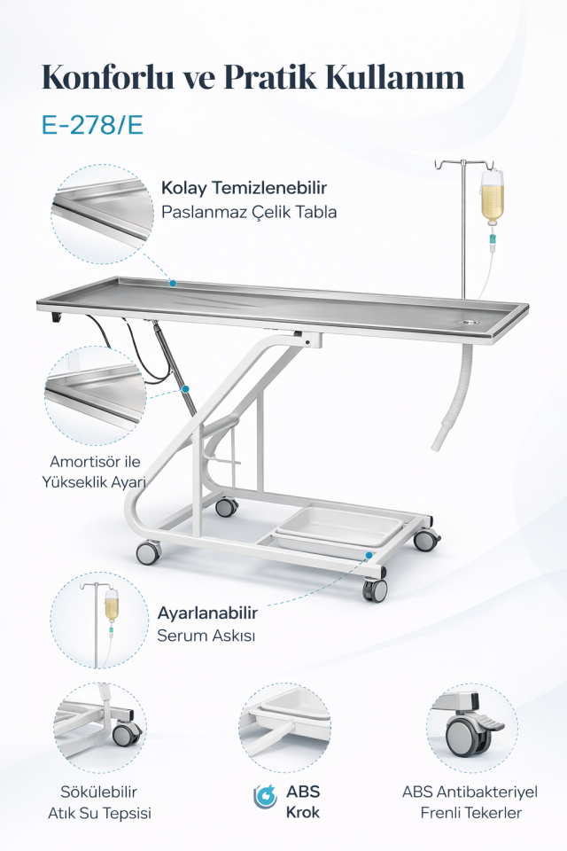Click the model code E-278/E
[92, 125]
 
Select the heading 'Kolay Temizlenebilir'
[244, 188]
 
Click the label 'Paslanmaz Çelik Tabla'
[249, 212]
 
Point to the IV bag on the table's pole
[492, 197]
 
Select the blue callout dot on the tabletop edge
[173, 283]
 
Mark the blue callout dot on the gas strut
[185, 389]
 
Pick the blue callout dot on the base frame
[369, 555]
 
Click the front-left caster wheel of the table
[148, 552]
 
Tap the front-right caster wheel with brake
[375, 589]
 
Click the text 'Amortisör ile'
[95, 461]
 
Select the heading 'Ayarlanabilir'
[207, 613]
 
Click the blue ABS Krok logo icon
[265, 797]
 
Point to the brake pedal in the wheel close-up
[490, 724]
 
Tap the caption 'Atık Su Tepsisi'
[99, 813]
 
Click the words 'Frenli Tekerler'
[471, 813]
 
